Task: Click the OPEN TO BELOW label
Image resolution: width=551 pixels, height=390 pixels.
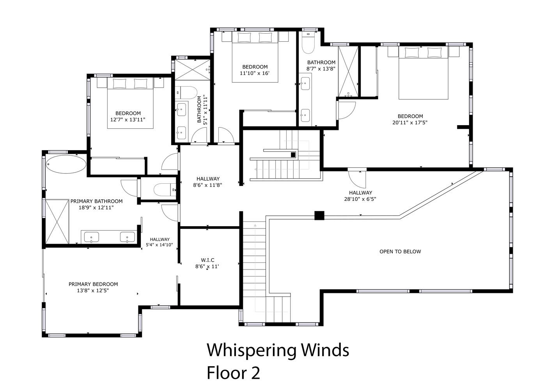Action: [x=400, y=252]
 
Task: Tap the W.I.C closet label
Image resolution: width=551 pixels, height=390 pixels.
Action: [x=207, y=260]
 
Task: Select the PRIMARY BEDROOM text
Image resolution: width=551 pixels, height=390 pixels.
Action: [x=93, y=284]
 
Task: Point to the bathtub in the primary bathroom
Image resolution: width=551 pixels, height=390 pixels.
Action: [x=66, y=164]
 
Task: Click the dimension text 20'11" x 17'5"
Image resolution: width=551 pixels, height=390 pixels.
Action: [x=410, y=122]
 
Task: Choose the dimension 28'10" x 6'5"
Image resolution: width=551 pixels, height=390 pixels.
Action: [x=360, y=199]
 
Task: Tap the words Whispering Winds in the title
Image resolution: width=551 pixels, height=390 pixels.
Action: [x=278, y=350]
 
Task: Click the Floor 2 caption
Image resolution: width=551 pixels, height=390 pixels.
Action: [x=233, y=373]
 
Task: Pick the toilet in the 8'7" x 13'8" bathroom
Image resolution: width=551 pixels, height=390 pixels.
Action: [x=308, y=43]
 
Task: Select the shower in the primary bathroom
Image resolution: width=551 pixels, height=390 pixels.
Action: [x=57, y=222]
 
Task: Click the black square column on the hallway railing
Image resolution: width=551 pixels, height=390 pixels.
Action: [x=319, y=216]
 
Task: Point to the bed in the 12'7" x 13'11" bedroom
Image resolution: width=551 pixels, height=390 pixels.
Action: [x=130, y=103]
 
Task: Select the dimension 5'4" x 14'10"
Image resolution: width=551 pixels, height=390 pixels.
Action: [x=159, y=245]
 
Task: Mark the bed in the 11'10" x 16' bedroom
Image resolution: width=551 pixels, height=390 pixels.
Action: [x=255, y=57]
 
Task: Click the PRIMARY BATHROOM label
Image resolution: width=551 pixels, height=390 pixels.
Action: [x=96, y=201]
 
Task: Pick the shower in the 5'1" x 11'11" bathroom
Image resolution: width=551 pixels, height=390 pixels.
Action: [x=193, y=70]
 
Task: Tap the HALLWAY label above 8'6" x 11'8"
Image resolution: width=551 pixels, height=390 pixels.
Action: [x=208, y=179]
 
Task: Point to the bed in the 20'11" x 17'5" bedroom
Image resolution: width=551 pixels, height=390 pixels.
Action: [x=423, y=73]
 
